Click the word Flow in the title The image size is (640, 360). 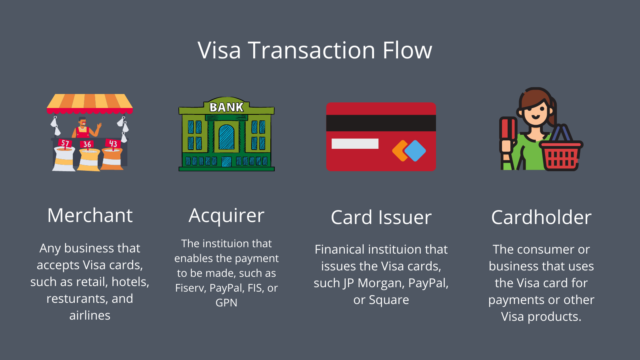tap(407, 50)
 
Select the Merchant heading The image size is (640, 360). tap(90, 216)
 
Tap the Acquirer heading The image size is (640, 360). tap(226, 216)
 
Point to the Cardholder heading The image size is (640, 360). tap(541, 218)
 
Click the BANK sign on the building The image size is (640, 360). tap(226, 107)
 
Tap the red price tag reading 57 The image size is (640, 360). tap(65, 143)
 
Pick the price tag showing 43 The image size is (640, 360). tap(113, 144)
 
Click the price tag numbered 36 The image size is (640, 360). tap(87, 144)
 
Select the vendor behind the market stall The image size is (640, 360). tap(83, 128)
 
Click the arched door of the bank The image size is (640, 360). tap(226, 137)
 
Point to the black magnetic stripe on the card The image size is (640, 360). tap(381, 123)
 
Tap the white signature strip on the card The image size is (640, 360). tap(355, 144)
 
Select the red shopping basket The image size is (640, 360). tap(561, 156)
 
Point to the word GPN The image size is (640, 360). tap(226, 303)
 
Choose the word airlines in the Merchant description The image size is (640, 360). tap(90, 316)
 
